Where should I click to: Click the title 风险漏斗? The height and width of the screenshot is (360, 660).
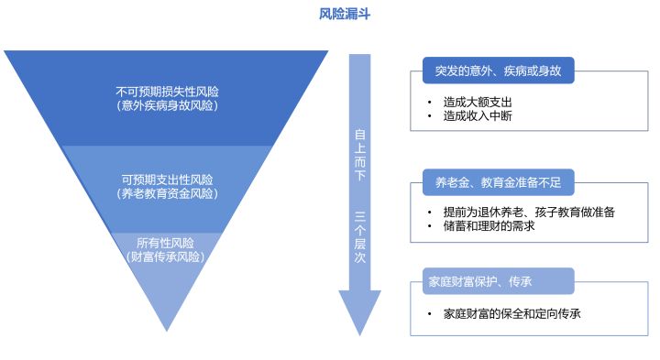pos(344,14)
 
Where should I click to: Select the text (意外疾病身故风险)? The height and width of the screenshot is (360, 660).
pos(167,106)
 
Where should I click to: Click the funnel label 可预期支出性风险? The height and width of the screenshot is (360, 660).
pos(167,179)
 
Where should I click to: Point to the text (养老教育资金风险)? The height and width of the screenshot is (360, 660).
pos(167,193)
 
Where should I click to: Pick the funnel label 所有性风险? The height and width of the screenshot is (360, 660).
pos(166,243)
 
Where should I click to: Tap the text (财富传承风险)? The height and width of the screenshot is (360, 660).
pos(166,256)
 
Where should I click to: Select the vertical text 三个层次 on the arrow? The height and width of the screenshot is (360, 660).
pos(359,240)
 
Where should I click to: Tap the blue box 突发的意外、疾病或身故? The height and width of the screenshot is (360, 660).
pos(498,71)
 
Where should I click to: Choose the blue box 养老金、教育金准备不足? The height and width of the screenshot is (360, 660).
pos(498,184)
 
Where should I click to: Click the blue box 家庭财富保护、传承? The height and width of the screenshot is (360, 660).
pos(498,281)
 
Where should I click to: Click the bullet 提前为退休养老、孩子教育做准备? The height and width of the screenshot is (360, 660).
pos(529,212)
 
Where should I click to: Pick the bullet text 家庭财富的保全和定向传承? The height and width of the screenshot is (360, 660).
pos(511,312)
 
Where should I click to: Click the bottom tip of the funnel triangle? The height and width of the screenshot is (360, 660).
pos(166,327)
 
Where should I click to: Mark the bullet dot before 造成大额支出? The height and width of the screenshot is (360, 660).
pos(428,102)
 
